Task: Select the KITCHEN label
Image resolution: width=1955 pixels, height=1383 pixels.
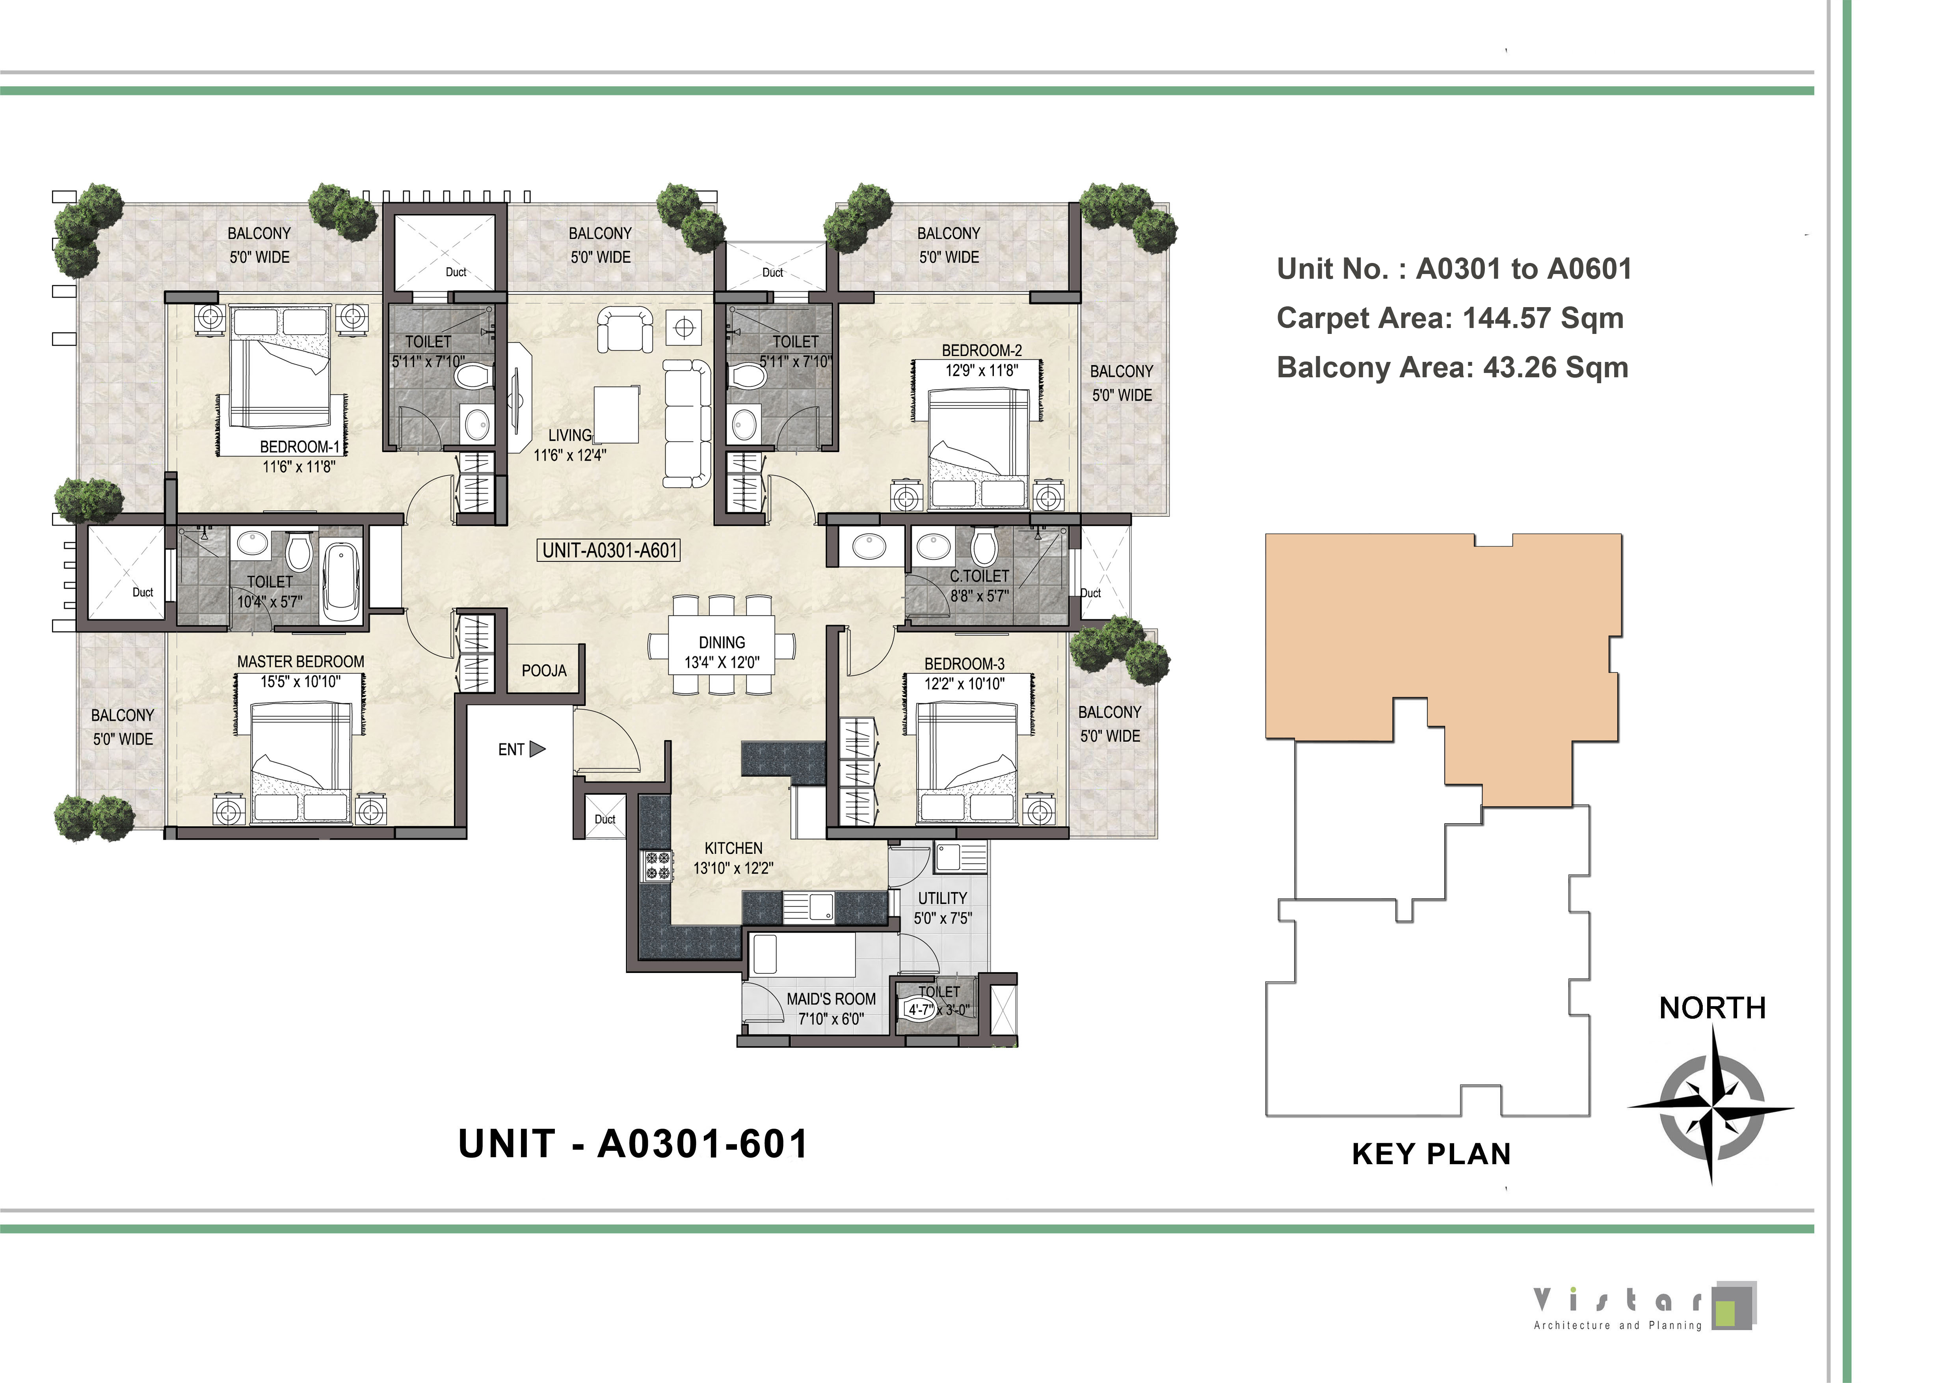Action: pos(733,848)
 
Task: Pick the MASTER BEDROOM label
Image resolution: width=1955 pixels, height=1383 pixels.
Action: pos(301,662)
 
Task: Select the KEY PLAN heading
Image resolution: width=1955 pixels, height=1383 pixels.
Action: pos(1431,1154)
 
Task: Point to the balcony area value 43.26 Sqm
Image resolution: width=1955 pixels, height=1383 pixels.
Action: pos(1556,368)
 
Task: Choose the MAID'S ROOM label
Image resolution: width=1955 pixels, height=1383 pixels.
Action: pos(831,999)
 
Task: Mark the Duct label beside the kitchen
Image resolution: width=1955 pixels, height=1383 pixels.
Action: pos(605,819)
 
